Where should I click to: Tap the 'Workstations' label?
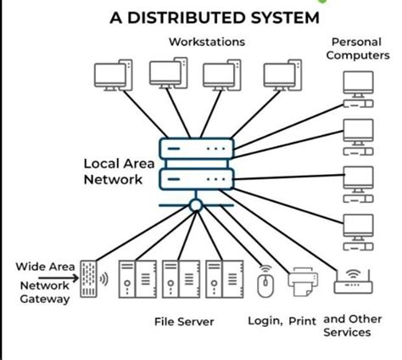coord(207,42)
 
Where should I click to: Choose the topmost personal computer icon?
coord(358,87)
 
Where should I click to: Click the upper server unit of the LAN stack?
coord(196,150)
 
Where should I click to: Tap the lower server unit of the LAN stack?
coord(196,179)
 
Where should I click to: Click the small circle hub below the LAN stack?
coord(196,205)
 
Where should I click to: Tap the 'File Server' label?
coord(184,323)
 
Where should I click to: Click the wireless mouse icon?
coord(265,281)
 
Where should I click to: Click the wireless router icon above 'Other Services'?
coord(353,281)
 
